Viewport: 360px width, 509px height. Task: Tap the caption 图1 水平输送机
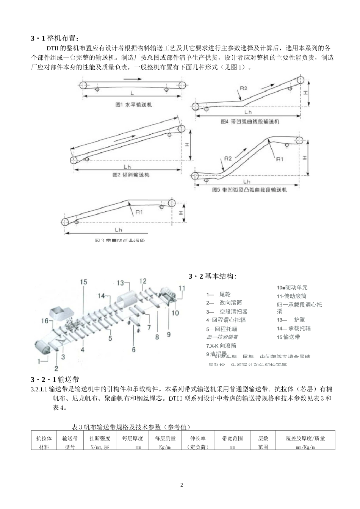pos(133,105)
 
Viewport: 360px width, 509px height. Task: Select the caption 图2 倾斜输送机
pos(131,175)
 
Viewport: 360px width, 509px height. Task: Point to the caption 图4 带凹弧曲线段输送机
pos(250,122)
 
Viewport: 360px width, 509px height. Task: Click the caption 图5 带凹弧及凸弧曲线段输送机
pos(249,190)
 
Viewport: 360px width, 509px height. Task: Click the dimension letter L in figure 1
pos(132,92)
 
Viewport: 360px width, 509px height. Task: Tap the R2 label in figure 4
pos(243,88)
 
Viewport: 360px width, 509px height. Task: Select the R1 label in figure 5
pos(279,159)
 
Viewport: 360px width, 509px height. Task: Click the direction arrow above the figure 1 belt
pos(132,79)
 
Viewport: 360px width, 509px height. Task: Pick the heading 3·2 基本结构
pos(213,276)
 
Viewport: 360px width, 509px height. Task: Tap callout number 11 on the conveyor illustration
pos(182,288)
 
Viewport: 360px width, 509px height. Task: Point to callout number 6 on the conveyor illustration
pos(134,350)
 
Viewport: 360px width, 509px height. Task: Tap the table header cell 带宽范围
pos(233,439)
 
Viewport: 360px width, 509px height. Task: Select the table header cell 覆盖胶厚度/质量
pos(305,439)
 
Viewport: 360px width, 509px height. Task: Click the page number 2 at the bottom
pos(182,485)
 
